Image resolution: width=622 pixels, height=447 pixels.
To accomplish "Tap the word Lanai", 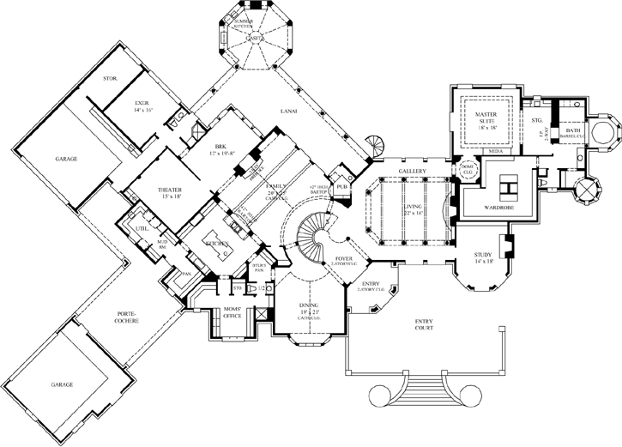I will pos(288,111).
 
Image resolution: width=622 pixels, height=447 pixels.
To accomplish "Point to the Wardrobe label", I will pos(498,207).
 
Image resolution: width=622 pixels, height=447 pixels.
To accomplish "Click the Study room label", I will pos(485,257).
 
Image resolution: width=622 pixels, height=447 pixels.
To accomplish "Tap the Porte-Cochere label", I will pos(126,317).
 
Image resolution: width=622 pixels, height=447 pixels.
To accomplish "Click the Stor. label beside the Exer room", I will pos(110,78).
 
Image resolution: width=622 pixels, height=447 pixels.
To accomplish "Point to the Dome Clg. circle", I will pos(468,167).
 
